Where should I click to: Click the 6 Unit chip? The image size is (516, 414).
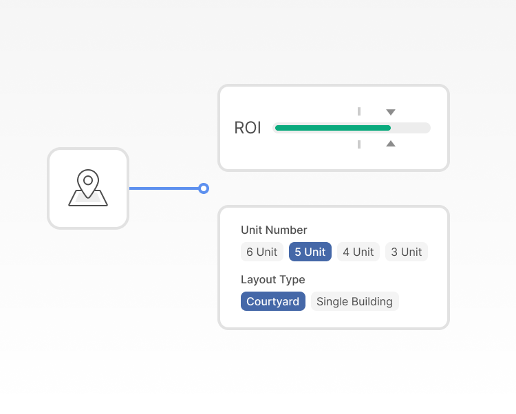click(x=262, y=252)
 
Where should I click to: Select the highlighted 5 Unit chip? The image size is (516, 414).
click(x=310, y=252)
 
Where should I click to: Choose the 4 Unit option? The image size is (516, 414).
click(x=358, y=252)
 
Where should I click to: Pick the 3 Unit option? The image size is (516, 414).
click(x=407, y=252)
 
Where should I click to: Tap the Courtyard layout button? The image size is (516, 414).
click(x=273, y=301)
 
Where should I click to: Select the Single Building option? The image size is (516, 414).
click(x=355, y=301)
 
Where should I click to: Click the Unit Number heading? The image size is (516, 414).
click(x=274, y=230)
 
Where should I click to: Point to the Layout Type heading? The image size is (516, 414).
click(x=273, y=279)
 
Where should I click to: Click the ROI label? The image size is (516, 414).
click(x=248, y=128)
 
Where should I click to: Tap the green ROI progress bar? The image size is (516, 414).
click(x=333, y=128)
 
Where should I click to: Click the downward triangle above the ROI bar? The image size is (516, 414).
click(x=391, y=112)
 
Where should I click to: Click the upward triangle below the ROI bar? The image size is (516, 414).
click(x=391, y=144)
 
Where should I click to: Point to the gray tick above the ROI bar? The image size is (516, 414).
click(x=359, y=111)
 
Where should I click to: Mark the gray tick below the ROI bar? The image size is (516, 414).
click(x=359, y=144)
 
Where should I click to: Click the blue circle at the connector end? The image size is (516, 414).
click(x=204, y=188)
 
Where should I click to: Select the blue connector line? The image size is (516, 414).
click(x=164, y=188)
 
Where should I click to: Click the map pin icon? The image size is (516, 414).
click(x=88, y=188)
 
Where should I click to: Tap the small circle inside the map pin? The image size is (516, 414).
click(x=88, y=180)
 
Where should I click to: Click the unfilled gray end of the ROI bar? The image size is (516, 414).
click(x=411, y=128)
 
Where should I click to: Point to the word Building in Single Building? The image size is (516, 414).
click(x=372, y=301)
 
